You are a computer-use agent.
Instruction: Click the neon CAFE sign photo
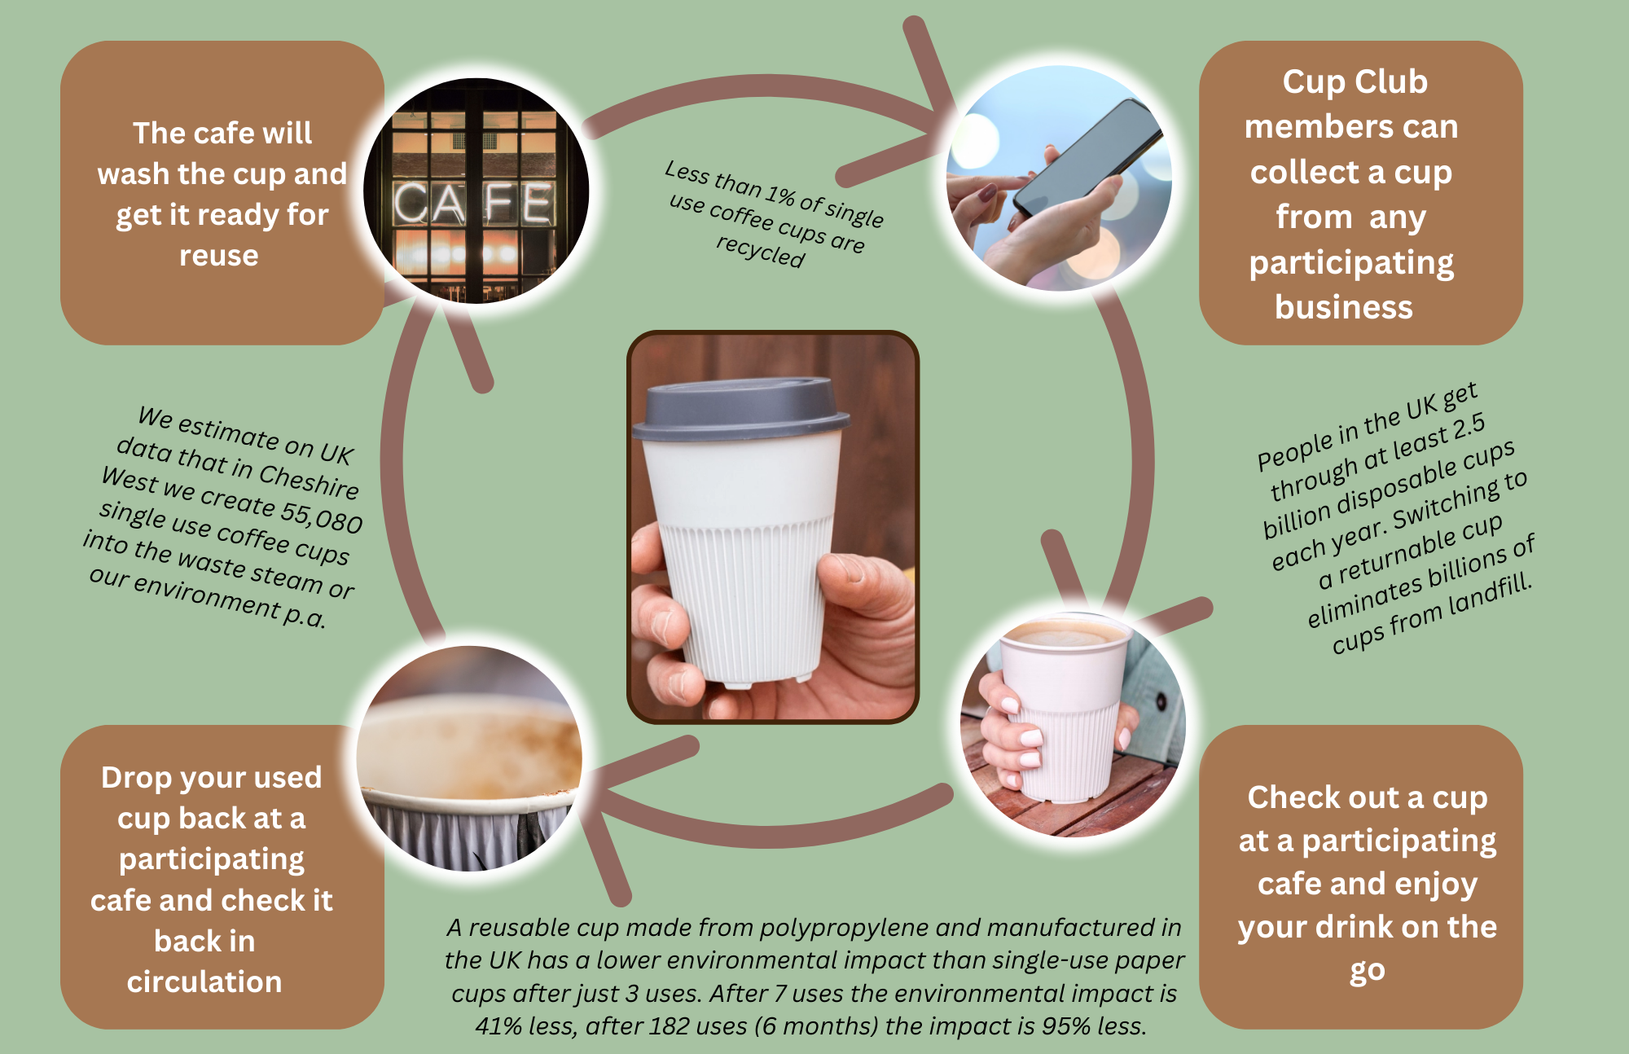[x=476, y=191]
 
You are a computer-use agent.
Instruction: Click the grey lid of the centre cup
[x=741, y=409]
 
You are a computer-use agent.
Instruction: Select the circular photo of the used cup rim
[x=470, y=758]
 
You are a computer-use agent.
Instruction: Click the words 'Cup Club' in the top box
[x=1355, y=81]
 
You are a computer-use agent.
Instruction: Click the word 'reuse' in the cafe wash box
[x=219, y=256]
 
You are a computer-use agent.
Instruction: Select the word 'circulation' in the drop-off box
[x=204, y=982]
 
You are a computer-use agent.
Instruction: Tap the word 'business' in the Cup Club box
[x=1344, y=308]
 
